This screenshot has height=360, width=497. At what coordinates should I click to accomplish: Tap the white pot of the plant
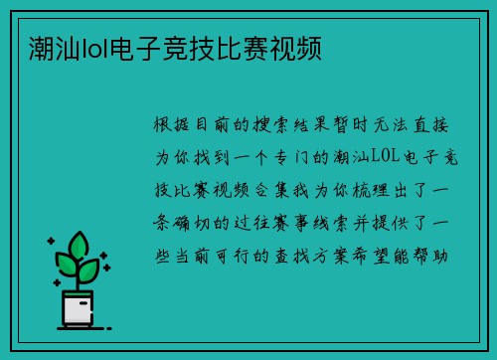(x=77, y=310)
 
